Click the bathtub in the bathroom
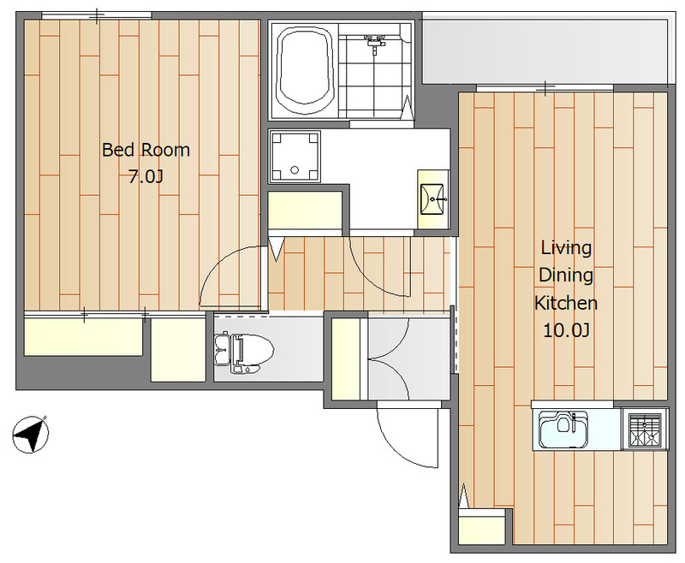click(x=304, y=71)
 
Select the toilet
click(x=244, y=353)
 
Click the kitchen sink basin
click(x=562, y=430)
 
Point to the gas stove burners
click(x=645, y=430)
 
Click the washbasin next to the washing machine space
click(x=432, y=199)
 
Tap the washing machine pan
click(x=295, y=157)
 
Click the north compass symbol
click(x=31, y=434)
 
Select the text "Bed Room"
click(x=146, y=150)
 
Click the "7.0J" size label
click(x=146, y=177)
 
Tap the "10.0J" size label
click(x=566, y=330)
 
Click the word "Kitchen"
click(x=566, y=303)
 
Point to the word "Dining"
click(x=566, y=276)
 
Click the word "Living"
click(x=566, y=247)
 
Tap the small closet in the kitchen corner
click(x=481, y=526)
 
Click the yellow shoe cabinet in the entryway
click(x=346, y=359)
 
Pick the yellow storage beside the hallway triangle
click(x=305, y=210)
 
